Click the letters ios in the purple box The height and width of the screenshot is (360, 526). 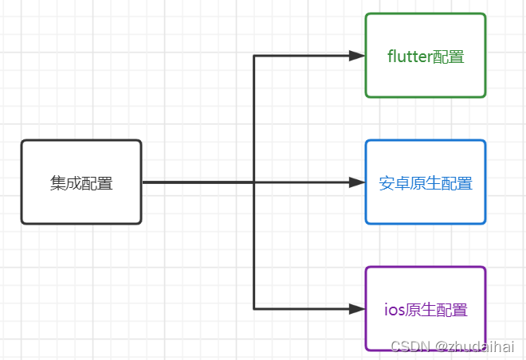point(394,310)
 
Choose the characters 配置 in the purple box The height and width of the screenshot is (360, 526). point(452,310)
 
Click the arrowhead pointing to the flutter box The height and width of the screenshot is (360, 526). point(357,56)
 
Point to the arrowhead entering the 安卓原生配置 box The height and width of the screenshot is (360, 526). point(357,182)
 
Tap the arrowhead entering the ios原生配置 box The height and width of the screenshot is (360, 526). point(357,308)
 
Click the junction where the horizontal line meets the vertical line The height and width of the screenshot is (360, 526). point(254,182)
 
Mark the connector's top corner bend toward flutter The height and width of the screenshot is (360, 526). point(254,56)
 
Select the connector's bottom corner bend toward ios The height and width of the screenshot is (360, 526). point(254,308)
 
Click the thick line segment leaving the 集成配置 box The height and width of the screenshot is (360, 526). point(195,182)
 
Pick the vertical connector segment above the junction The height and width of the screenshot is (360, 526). point(254,119)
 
